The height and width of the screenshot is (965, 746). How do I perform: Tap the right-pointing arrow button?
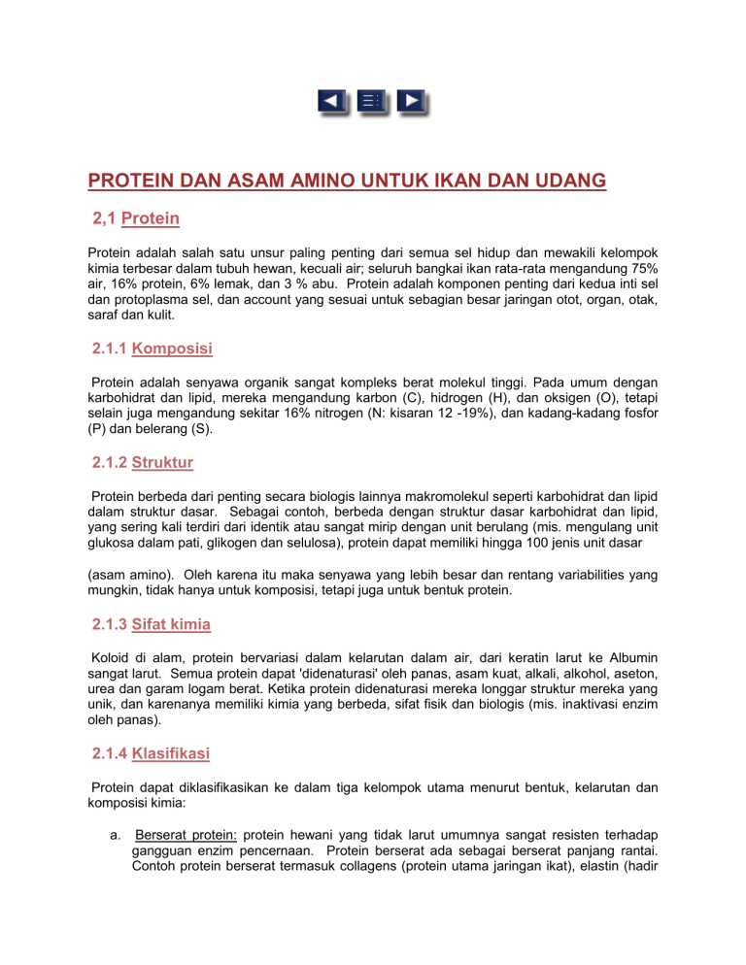(x=412, y=100)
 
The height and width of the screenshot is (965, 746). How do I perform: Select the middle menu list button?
(x=372, y=100)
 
